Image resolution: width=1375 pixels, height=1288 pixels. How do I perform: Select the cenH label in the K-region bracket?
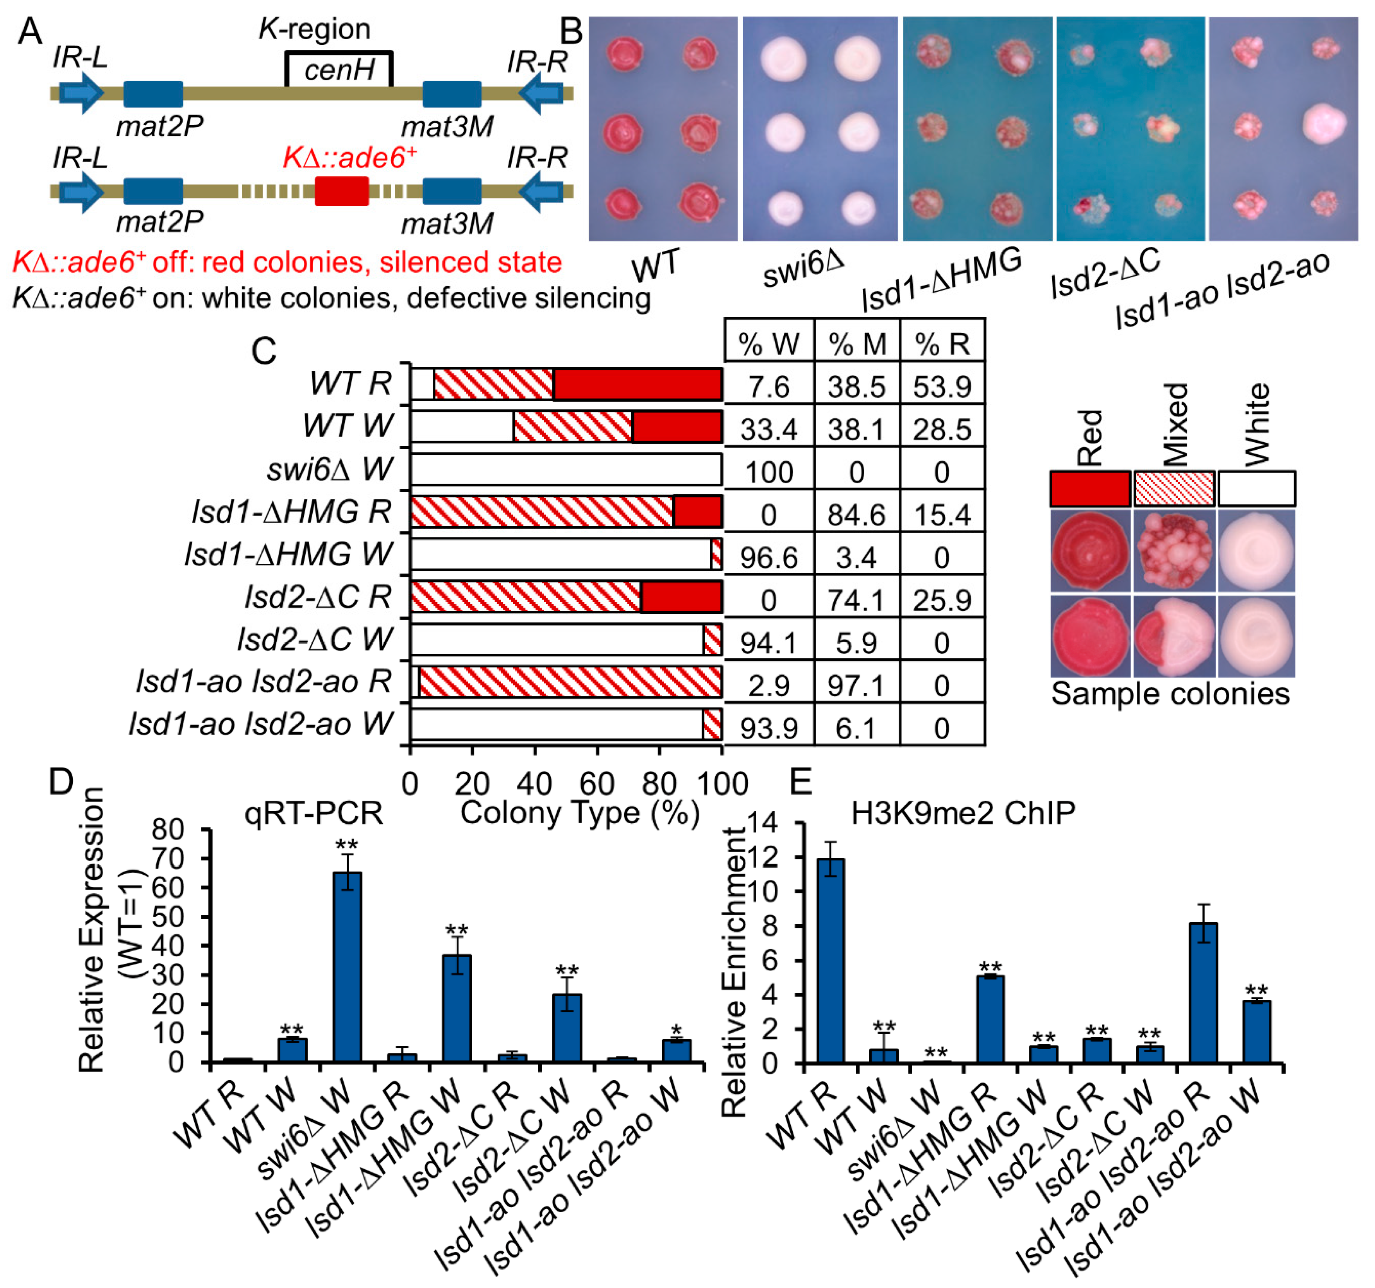pyautogui.click(x=339, y=70)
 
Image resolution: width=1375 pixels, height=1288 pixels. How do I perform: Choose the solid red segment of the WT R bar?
pyautogui.click(x=637, y=384)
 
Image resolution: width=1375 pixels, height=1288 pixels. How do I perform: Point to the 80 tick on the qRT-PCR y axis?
pyautogui.click(x=168, y=830)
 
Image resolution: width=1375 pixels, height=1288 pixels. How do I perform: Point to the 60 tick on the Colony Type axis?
pyautogui.click(x=597, y=784)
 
